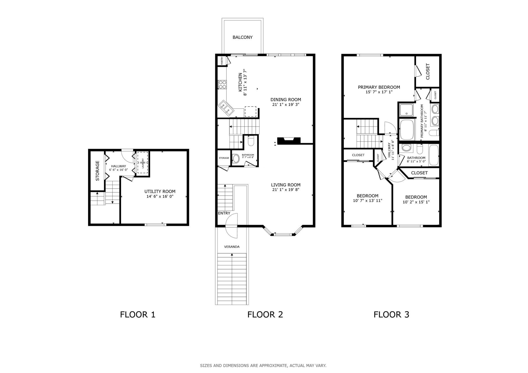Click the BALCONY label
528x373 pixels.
(x=242, y=37)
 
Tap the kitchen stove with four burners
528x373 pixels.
(x=222, y=84)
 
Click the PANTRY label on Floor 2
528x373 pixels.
(x=222, y=61)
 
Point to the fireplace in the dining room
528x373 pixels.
(x=289, y=141)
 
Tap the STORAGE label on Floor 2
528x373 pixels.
(x=224, y=158)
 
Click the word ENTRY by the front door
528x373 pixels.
(x=224, y=213)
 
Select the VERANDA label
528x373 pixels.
(x=232, y=247)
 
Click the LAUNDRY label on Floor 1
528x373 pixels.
(x=143, y=163)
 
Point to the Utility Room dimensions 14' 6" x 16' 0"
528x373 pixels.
(x=160, y=196)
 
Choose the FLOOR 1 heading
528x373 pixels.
(x=138, y=315)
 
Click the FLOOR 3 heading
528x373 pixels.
(x=391, y=315)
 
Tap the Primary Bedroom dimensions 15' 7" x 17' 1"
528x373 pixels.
(x=379, y=92)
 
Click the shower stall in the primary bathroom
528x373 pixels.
(x=406, y=110)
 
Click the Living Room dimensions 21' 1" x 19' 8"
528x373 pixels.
(x=286, y=190)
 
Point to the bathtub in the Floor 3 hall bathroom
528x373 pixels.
(x=434, y=155)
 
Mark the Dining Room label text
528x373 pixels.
(x=286, y=100)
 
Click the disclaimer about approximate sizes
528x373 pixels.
(x=263, y=366)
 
